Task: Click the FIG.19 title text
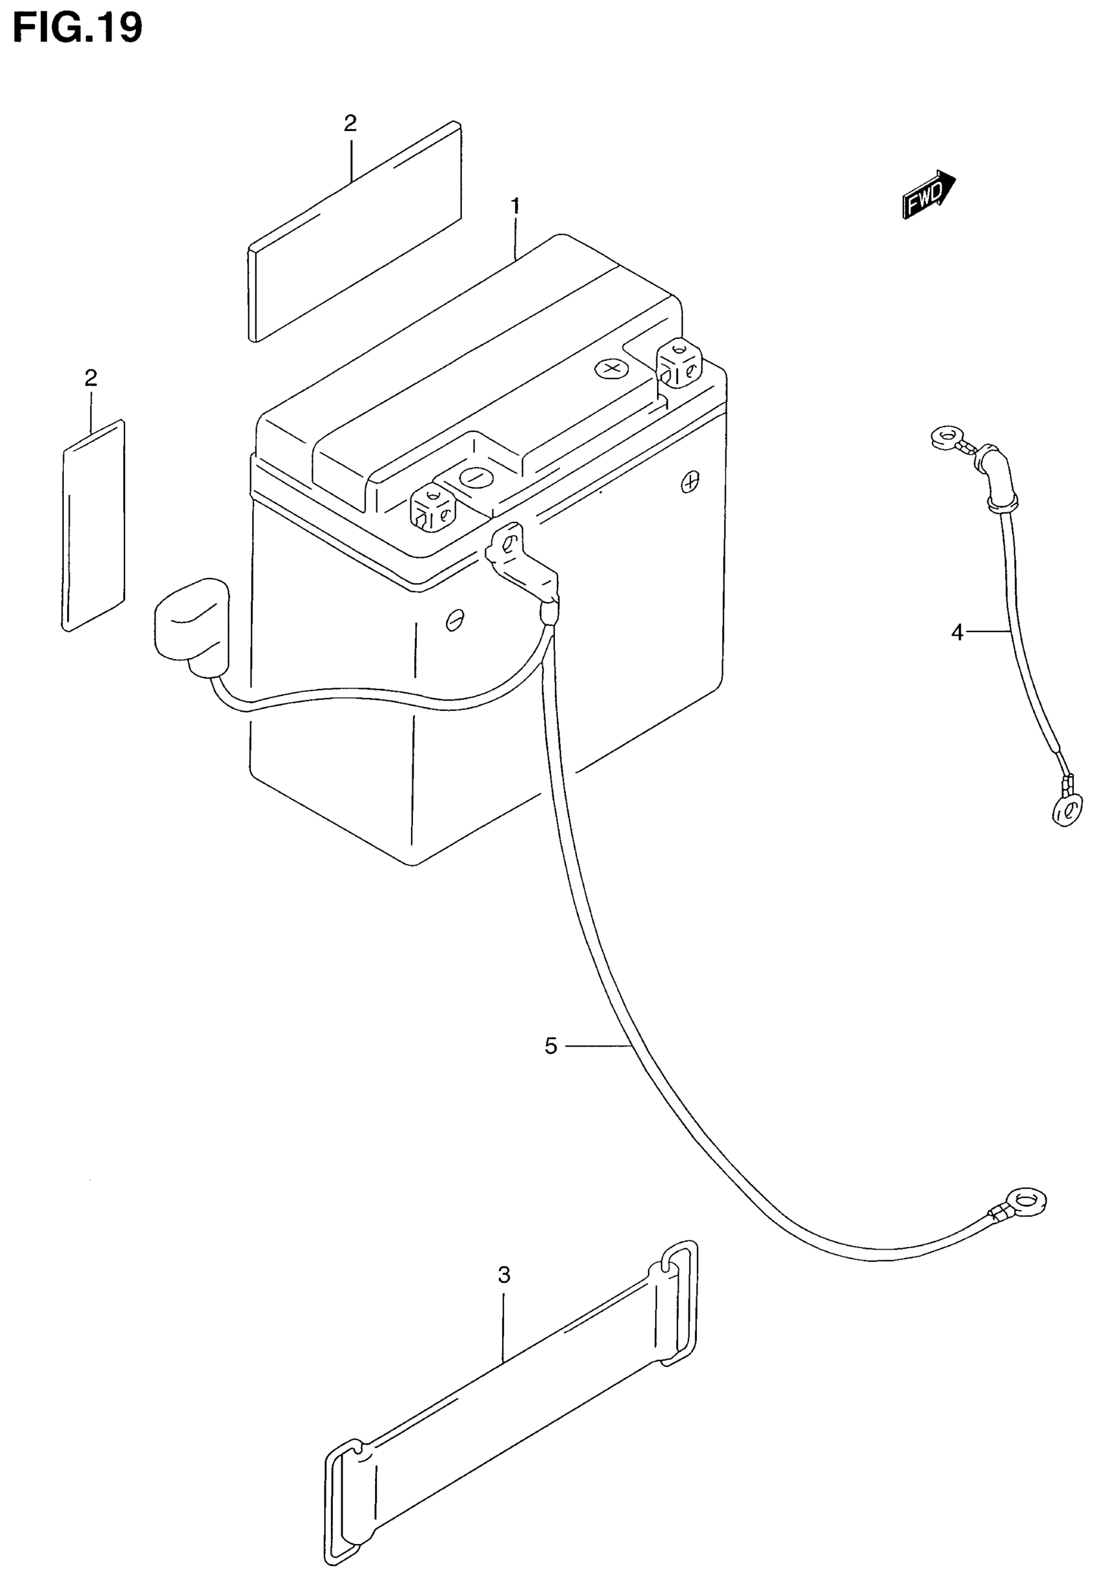(77, 29)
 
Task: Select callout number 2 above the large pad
(350, 124)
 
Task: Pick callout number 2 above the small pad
(91, 378)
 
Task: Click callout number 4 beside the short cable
(958, 632)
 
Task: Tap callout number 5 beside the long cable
(550, 1046)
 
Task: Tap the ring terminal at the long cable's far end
(1027, 1202)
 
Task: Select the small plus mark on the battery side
(690, 482)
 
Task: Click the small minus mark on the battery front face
(454, 620)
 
